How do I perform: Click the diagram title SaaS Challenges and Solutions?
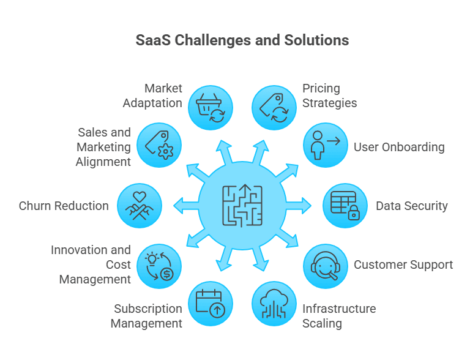(242, 40)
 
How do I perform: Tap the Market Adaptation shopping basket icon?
(211, 108)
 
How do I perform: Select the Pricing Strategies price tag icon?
(274, 108)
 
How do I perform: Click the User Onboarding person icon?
(326, 145)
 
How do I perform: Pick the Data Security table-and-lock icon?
(345, 206)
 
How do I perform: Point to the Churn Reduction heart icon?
(140, 206)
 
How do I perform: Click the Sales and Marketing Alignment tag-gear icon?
(159, 145)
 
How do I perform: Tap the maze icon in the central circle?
(242, 206)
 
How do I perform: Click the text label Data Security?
(412, 206)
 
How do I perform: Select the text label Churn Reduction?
(64, 206)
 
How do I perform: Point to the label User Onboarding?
(399, 147)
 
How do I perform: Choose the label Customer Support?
(403, 265)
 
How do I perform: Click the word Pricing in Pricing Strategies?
(321, 89)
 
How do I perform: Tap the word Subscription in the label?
(147, 309)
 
